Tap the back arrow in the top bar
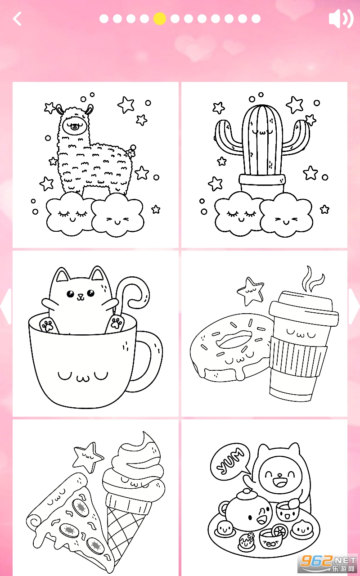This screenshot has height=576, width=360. tap(17, 19)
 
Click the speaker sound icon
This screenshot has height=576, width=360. tap(341, 18)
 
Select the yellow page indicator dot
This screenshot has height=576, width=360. tap(159, 19)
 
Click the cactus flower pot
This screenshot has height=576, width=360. tap(262, 183)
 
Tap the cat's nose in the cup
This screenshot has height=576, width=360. tap(80, 296)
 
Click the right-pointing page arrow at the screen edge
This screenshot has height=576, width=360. tap(354, 306)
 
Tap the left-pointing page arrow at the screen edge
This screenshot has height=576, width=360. tap(6, 306)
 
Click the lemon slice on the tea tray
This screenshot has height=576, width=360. tap(280, 530)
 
